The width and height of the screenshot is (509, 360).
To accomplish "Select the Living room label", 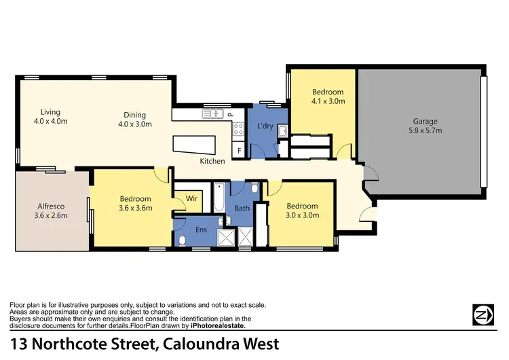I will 50,112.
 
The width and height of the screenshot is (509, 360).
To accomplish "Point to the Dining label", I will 134,115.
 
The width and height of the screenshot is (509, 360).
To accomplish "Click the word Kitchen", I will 212,161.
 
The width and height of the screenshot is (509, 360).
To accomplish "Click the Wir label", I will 191,199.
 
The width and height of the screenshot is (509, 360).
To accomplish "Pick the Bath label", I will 242,208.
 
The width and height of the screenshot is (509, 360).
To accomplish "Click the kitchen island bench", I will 194,145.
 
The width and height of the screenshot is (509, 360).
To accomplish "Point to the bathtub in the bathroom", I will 219,198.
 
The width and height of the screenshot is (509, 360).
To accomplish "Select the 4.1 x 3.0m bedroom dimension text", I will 328,101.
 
